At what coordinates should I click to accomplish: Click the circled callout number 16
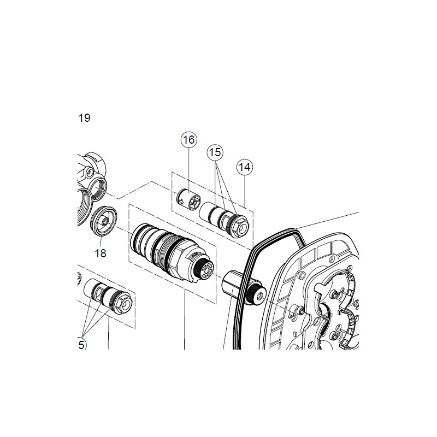click(188, 140)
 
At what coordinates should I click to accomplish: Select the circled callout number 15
click(215, 152)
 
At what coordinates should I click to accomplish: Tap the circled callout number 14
click(244, 167)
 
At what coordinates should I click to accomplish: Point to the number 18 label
click(101, 253)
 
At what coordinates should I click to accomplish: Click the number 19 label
click(84, 118)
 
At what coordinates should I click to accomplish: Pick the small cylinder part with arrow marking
click(188, 198)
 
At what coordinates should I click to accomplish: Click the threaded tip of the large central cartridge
click(206, 269)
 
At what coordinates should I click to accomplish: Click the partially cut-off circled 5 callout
click(81, 345)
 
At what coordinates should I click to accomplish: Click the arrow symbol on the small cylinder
click(181, 200)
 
